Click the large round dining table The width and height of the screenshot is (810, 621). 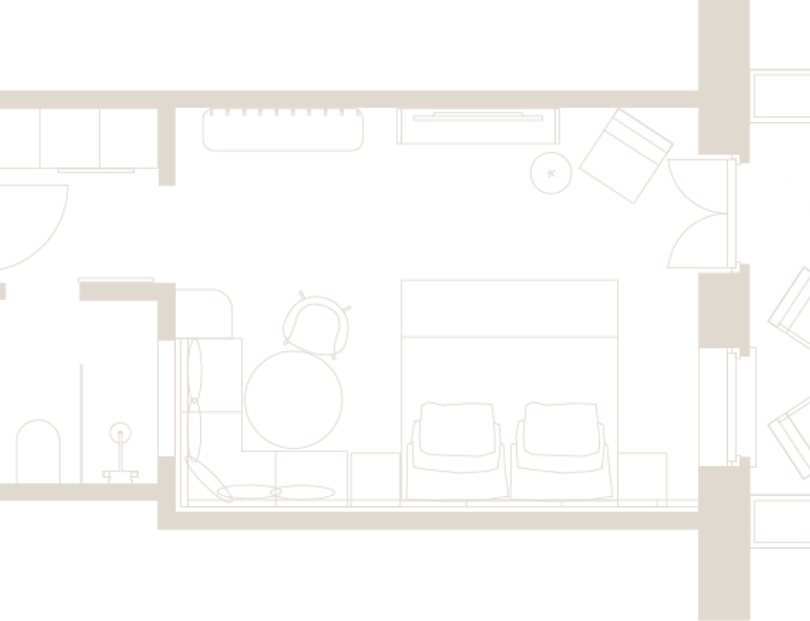293,398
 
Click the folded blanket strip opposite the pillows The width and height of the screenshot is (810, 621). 509,307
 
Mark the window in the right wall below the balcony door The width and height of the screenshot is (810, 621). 728,407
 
